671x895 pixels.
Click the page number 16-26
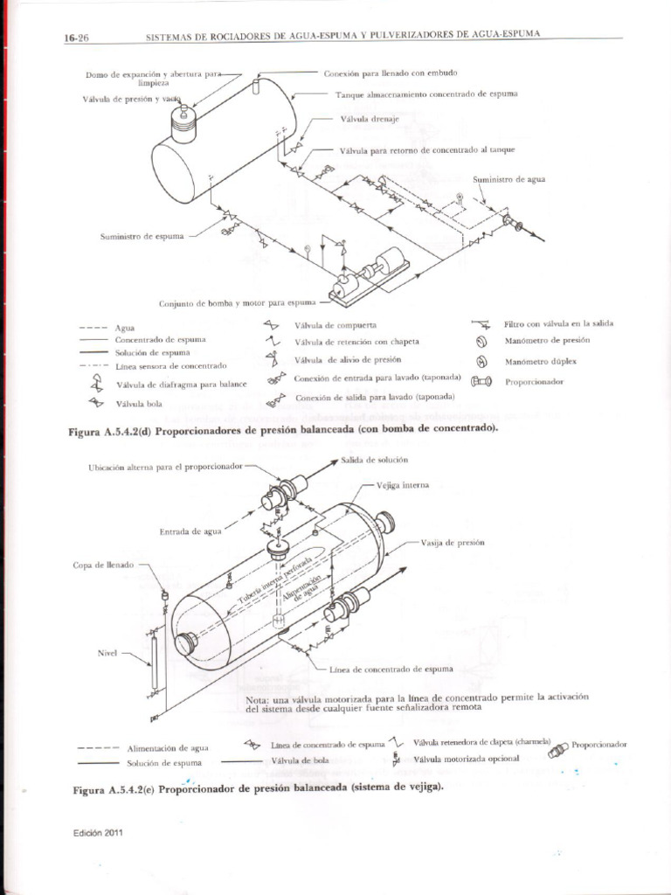[77, 37]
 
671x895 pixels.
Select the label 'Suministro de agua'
[509, 178]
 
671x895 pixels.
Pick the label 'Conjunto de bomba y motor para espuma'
[235, 303]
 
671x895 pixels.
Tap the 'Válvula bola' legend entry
[135, 404]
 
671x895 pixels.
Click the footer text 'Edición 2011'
[98, 832]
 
